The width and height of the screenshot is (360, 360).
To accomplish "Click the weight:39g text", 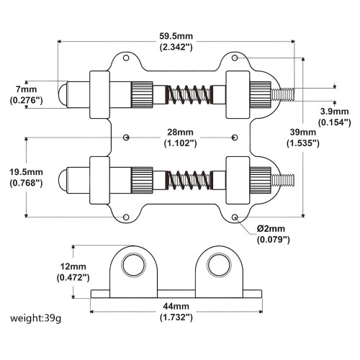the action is click(35, 318).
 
